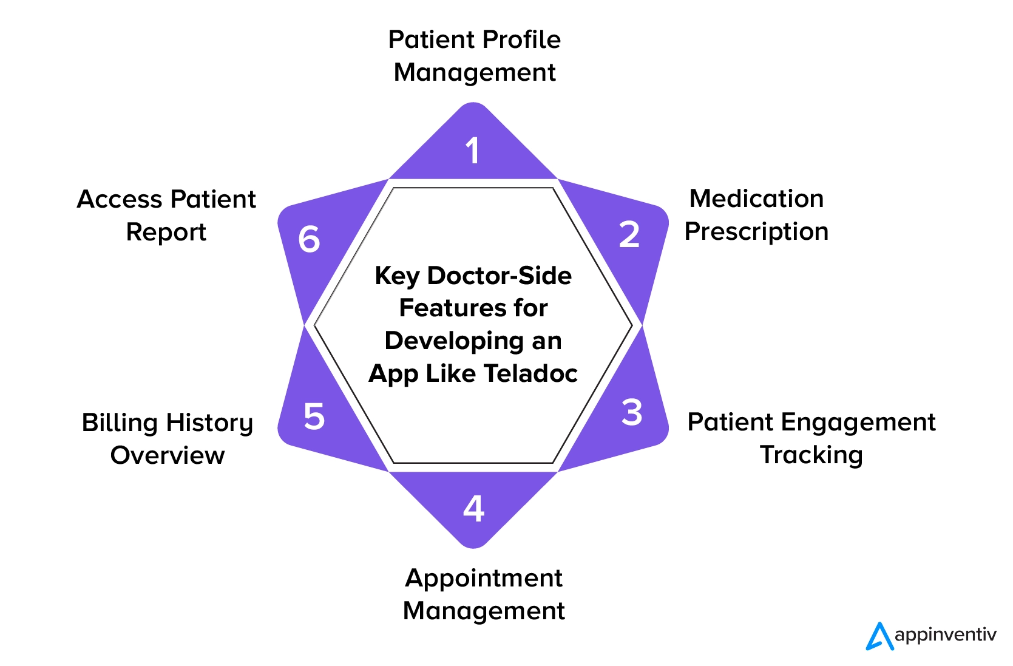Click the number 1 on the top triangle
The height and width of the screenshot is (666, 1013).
coord(473,151)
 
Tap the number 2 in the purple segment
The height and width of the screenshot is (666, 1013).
coord(629,234)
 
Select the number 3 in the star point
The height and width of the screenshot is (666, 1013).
coord(632,412)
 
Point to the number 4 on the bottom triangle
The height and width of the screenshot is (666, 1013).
coord(473,508)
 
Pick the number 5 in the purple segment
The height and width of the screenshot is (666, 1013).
coord(314,416)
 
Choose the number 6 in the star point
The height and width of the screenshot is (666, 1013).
coord(309,239)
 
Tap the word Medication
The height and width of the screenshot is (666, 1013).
coord(756,199)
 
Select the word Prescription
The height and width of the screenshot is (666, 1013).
coord(756,231)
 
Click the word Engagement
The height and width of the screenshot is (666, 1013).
coord(858,423)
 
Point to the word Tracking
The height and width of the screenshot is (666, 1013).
coord(811,455)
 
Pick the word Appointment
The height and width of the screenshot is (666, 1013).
coord(484,578)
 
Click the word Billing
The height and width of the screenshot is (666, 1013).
coord(120,423)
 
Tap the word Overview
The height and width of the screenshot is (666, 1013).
coord(168,455)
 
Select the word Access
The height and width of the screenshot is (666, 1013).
coord(120,199)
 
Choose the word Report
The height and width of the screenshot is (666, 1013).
coord(166,232)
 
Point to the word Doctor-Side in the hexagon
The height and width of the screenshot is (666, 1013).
coord(499,276)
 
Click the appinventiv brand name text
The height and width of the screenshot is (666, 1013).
coord(945,636)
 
